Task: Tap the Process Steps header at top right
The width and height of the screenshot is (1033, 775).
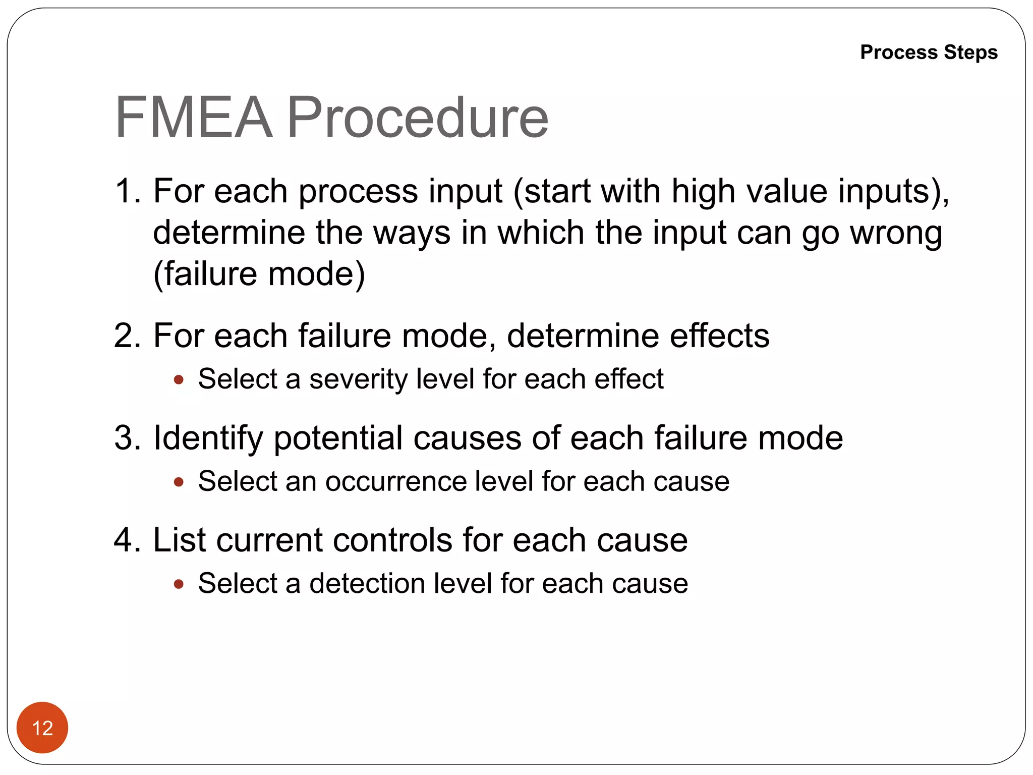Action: coord(929,52)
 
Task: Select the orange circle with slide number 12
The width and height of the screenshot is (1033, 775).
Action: coord(42,728)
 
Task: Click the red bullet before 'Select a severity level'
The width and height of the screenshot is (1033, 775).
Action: coord(178,380)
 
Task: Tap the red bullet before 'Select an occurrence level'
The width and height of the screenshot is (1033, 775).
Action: coord(178,482)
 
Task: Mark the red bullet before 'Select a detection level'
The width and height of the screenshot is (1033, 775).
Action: coord(178,584)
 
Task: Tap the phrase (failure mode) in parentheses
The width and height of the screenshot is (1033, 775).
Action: coord(259,274)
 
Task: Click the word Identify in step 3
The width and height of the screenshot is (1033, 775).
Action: coord(208,438)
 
